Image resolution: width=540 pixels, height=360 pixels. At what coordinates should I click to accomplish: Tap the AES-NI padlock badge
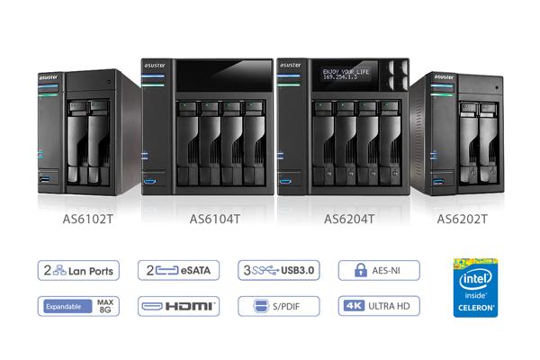point(378,269)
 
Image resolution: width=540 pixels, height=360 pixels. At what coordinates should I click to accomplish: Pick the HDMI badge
point(178,306)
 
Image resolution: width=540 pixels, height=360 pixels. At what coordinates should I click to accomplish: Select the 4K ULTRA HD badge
point(378,306)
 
